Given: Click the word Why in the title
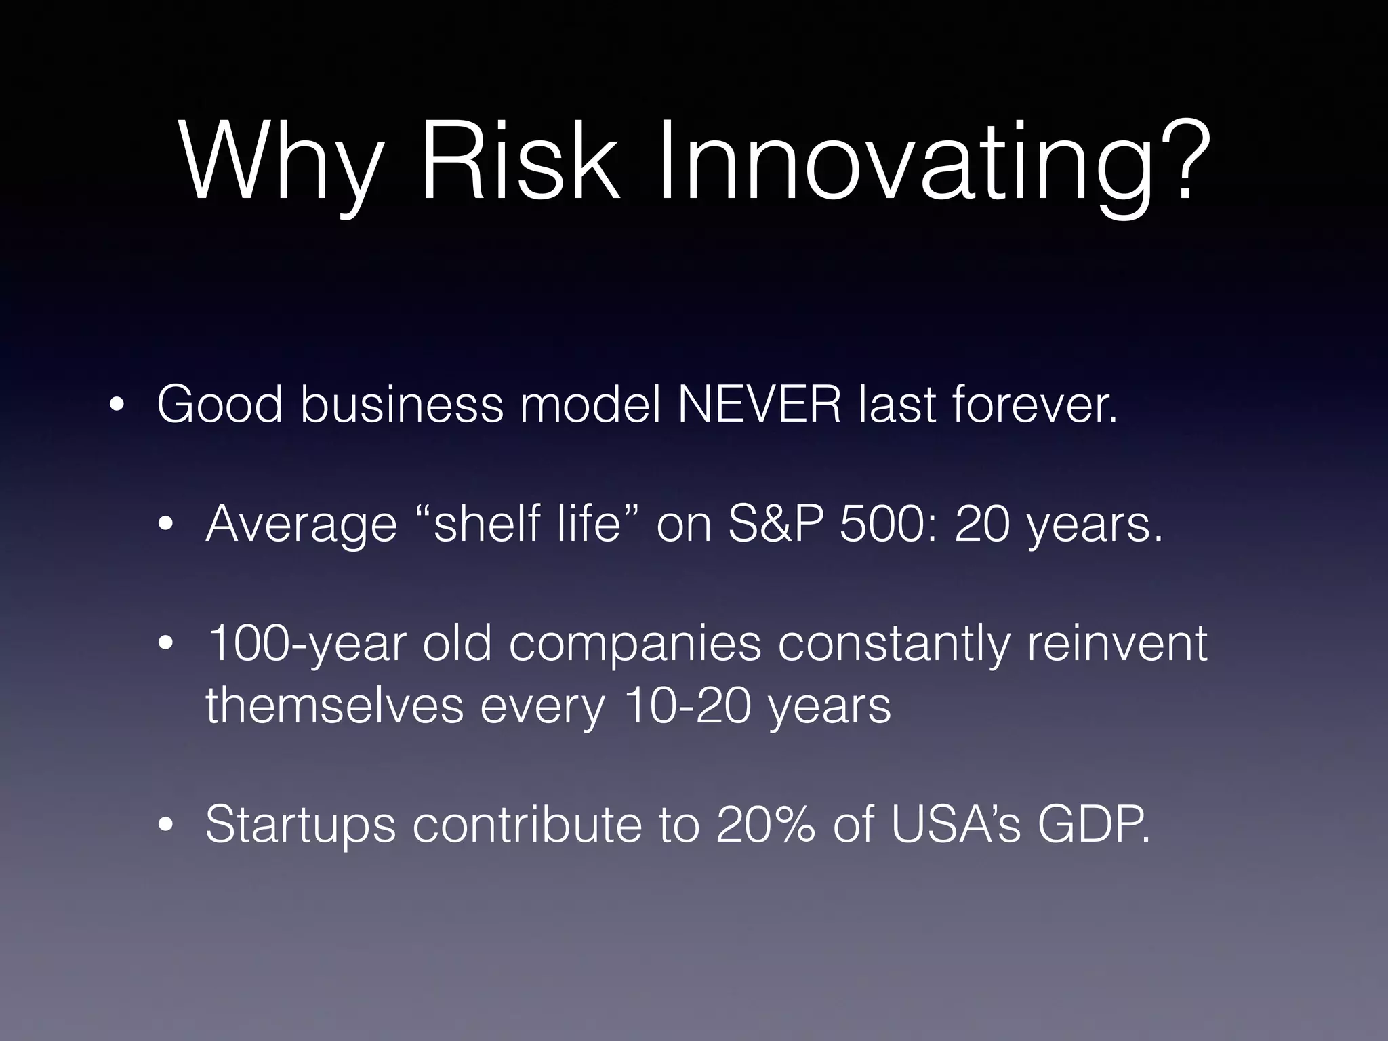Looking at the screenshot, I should point(278,163).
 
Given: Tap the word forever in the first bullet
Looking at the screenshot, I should point(1034,405).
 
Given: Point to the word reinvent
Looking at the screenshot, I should point(1117,644).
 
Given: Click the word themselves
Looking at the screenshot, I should point(334,706).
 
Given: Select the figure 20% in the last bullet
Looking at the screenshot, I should point(765,824).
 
